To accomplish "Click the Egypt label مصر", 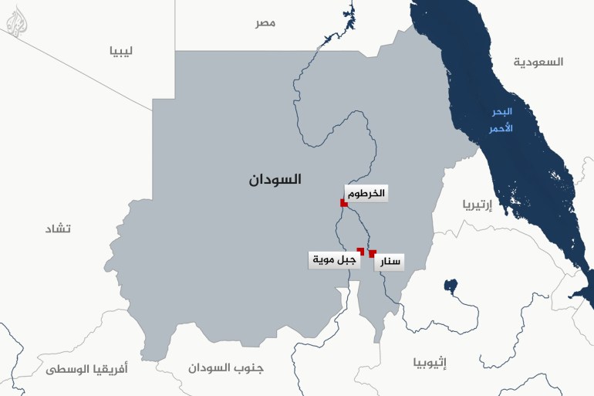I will (x=265, y=23).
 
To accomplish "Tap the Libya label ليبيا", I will (x=121, y=52).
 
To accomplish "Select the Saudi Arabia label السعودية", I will (x=539, y=61).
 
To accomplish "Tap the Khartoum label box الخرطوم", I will (x=366, y=193).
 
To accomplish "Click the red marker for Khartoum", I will (x=343, y=203).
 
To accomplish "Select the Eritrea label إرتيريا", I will (x=478, y=205).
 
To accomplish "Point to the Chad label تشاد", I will (x=58, y=228).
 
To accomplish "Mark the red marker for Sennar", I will (x=373, y=253).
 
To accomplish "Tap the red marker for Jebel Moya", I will (x=361, y=250).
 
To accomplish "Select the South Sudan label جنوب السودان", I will (x=225, y=367).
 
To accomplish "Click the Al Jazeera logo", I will (x=18, y=22).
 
